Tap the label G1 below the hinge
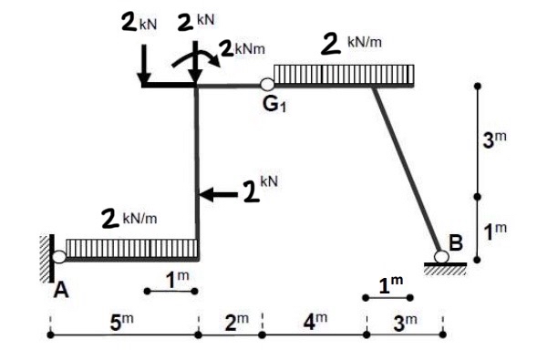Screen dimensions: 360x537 pyautogui.click(x=273, y=105)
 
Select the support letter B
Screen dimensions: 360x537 pyautogui.click(x=455, y=242)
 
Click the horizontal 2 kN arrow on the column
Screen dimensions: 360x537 pyautogui.click(x=217, y=193)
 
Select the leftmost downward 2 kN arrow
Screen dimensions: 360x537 pyautogui.click(x=144, y=64)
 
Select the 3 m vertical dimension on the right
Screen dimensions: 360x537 pyautogui.click(x=493, y=139)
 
